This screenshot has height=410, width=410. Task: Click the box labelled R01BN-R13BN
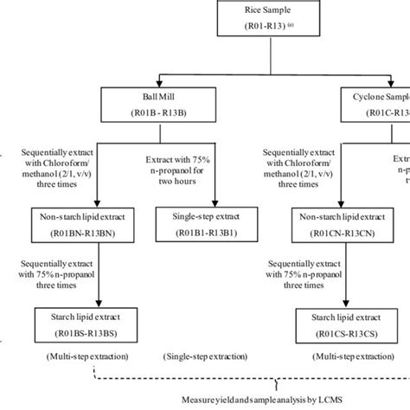click(x=80, y=223)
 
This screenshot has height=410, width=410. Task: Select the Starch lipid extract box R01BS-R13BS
click(x=80, y=324)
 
